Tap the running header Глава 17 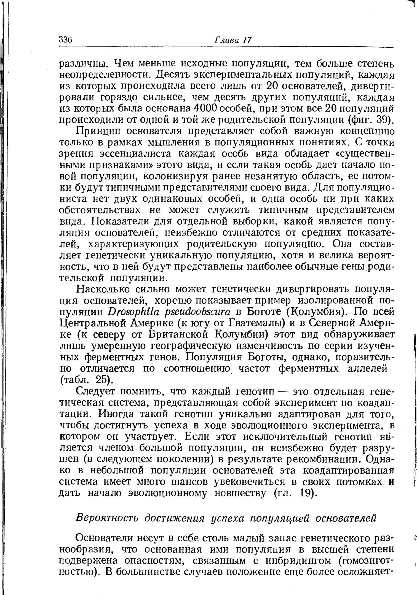(x=233, y=40)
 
